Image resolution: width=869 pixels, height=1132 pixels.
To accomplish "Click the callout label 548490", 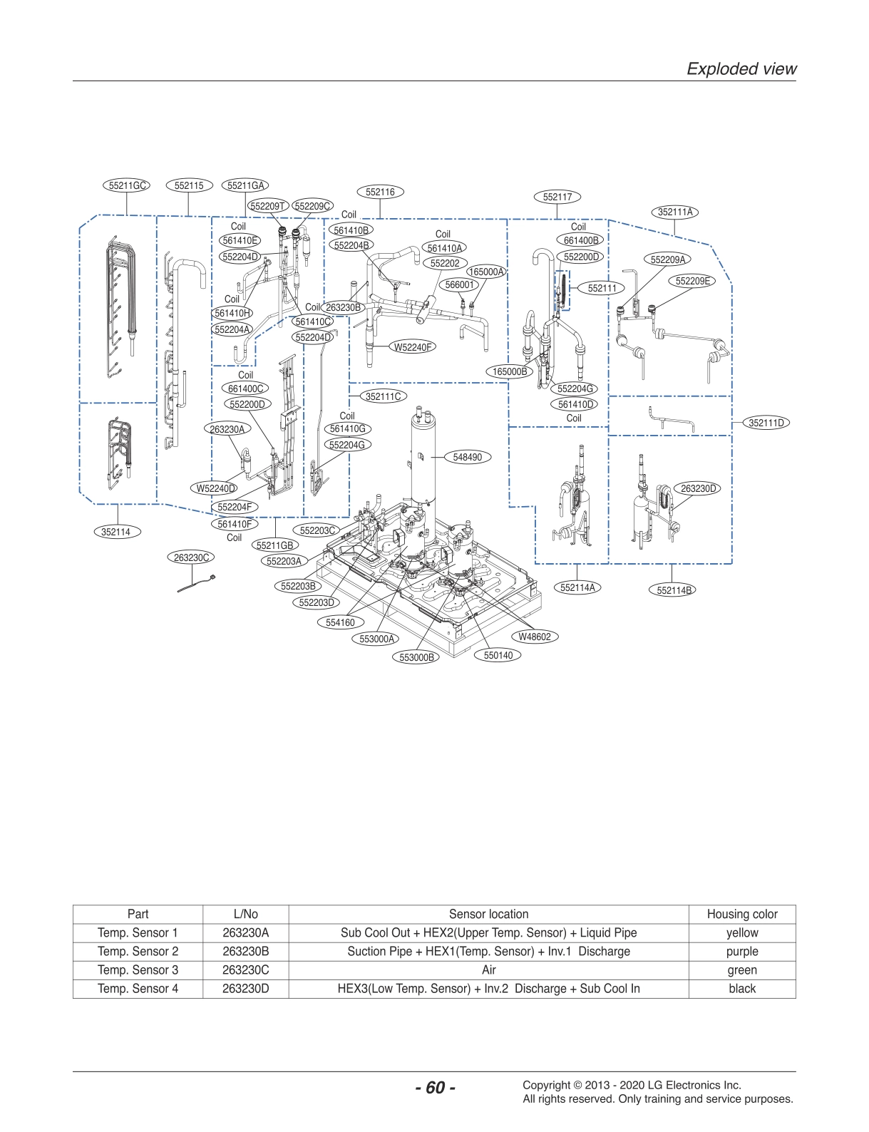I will (467, 457).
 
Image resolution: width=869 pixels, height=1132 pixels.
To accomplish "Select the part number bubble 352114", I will (115, 532).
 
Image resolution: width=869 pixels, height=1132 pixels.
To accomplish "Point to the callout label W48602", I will (534, 637).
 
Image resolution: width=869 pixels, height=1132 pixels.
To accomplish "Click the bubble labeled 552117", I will (557, 197).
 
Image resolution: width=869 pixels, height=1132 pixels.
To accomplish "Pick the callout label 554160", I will (340, 622).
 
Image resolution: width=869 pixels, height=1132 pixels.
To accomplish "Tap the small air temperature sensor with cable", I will (196, 584).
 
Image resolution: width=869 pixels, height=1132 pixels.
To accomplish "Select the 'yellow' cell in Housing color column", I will (741, 932).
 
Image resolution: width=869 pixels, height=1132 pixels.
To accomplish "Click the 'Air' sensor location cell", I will (488, 969).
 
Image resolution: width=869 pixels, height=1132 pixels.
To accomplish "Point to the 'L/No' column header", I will (245, 914).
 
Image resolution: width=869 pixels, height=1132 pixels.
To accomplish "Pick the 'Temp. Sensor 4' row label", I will (138, 988).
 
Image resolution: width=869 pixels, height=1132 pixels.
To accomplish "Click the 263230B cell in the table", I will (245, 951).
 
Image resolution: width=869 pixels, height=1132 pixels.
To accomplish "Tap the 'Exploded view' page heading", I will (741, 68).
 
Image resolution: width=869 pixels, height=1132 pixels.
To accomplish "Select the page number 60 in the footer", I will (435, 1088).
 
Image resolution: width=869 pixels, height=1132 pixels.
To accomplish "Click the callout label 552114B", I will (672, 590).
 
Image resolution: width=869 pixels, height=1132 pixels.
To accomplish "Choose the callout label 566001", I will (459, 284).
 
